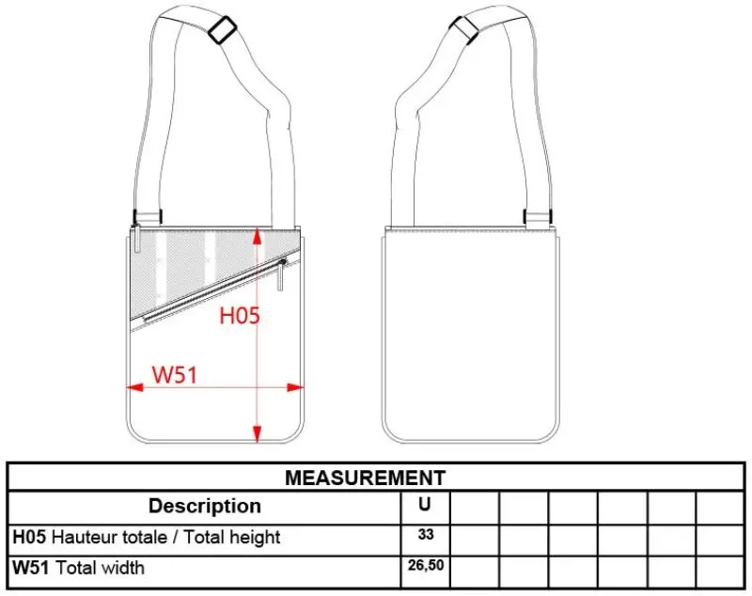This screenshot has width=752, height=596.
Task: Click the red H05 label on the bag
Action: [x=240, y=316]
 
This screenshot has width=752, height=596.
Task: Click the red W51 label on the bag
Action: [x=175, y=374]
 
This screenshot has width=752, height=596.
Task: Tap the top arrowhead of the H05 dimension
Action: [x=258, y=237]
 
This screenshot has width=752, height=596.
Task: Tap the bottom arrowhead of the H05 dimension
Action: [x=258, y=434]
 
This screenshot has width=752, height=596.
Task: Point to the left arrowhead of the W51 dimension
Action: [x=134, y=387]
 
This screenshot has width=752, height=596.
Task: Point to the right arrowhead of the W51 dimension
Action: [x=295, y=387]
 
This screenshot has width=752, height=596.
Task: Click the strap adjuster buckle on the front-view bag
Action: [x=222, y=30]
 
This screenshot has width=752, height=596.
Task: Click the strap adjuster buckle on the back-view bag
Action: [x=464, y=29]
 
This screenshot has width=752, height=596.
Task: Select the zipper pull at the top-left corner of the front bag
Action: [x=136, y=238]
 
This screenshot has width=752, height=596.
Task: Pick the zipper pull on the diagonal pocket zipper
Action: [x=281, y=275]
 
